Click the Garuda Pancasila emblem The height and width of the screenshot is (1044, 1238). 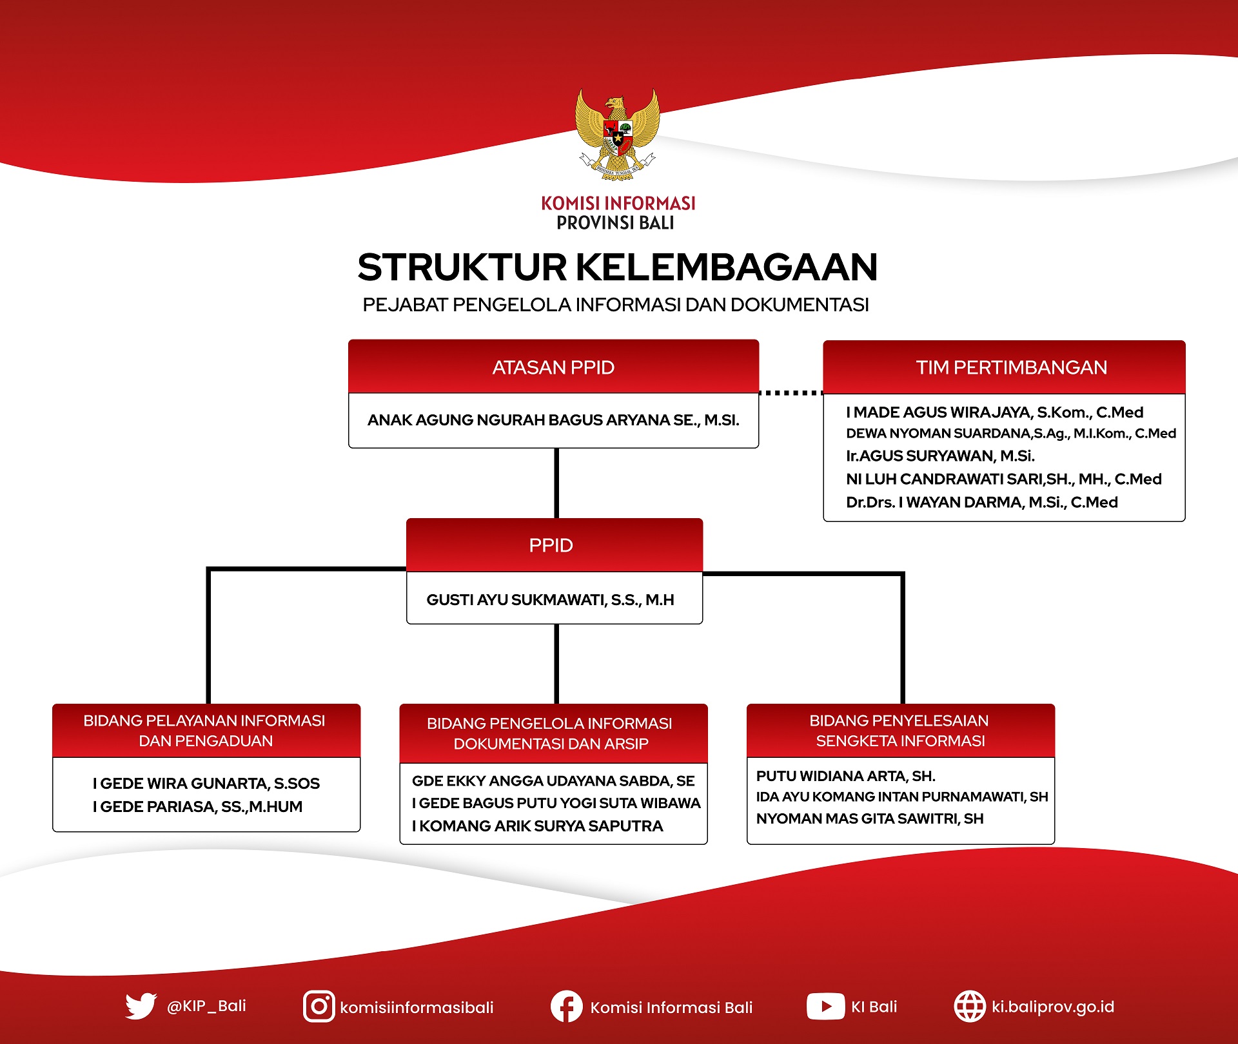tap(617, 134)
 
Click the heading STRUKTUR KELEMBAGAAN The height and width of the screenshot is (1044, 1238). tap(618, 267)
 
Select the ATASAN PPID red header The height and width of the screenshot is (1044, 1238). tap(553, 367)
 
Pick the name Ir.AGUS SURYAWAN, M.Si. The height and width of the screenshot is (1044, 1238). tap(940, 456)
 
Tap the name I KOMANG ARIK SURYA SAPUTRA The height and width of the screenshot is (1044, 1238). tap(537, 826)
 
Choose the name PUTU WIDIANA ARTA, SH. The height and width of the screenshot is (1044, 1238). tap(845, 776)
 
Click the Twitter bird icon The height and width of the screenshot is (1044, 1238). tap(141, 1006)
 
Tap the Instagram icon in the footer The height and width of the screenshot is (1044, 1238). tap(319, 1007)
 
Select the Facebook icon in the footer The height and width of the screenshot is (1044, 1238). tap(566, 1007)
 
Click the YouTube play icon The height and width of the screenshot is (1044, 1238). tap(825, 1007)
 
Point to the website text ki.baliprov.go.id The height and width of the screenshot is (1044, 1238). tap(1052, 1007)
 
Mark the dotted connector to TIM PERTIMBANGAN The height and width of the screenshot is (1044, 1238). tap(791, 392)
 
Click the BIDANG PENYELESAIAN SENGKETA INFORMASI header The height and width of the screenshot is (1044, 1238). tap(901, 731)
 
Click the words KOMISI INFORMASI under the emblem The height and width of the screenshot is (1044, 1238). tap(618, 204)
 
